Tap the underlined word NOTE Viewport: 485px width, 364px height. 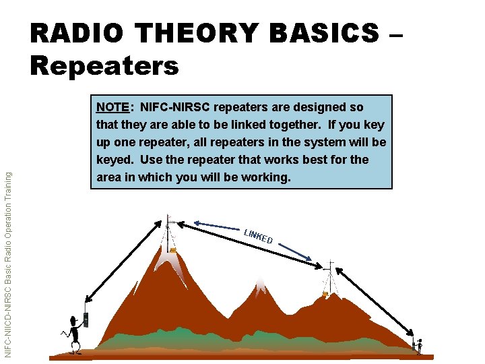coord(112,107)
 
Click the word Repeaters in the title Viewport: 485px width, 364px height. coord(104,65)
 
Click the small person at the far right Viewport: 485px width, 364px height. coord(418,346)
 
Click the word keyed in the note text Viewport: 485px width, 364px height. coord(115,160)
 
